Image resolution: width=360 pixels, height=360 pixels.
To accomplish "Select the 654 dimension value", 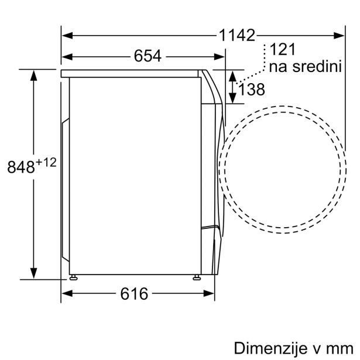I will click(x=148, y=56).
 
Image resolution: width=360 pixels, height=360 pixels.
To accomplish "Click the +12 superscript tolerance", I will click(x=47, y=162).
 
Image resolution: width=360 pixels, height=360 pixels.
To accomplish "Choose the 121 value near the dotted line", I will click(x=283, y=49).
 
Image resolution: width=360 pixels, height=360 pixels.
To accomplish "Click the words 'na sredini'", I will click(x=304, y=66).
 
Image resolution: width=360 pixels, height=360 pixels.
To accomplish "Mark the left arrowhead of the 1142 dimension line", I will click(x=66, y=36).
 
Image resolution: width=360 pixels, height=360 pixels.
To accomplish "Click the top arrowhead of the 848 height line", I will click(x=35, y=74).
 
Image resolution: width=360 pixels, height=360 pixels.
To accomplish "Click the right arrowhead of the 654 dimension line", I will click(x=221, y=56).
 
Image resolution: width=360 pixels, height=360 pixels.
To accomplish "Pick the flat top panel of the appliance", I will click(x=132, y=72).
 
